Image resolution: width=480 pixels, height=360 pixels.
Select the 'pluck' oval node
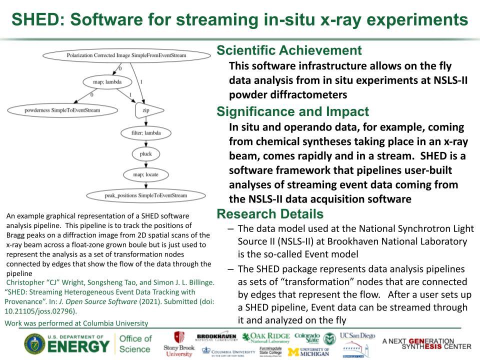point(145,153)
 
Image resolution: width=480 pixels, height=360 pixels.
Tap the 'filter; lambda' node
point(145,132)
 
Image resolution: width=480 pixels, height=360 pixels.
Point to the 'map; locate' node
point(145,174)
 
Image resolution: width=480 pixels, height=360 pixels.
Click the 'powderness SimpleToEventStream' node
point(62,110)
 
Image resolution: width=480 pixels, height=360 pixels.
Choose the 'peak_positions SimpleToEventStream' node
point(145,195)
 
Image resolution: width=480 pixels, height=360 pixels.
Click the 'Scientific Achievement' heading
point(288,50)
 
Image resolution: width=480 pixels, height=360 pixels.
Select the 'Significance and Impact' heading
point(292,112)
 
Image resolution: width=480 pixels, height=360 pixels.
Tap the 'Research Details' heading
point(269,214)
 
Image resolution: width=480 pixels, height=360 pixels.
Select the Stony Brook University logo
point(178,344)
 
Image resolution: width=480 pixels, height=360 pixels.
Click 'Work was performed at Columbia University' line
point(76,323)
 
